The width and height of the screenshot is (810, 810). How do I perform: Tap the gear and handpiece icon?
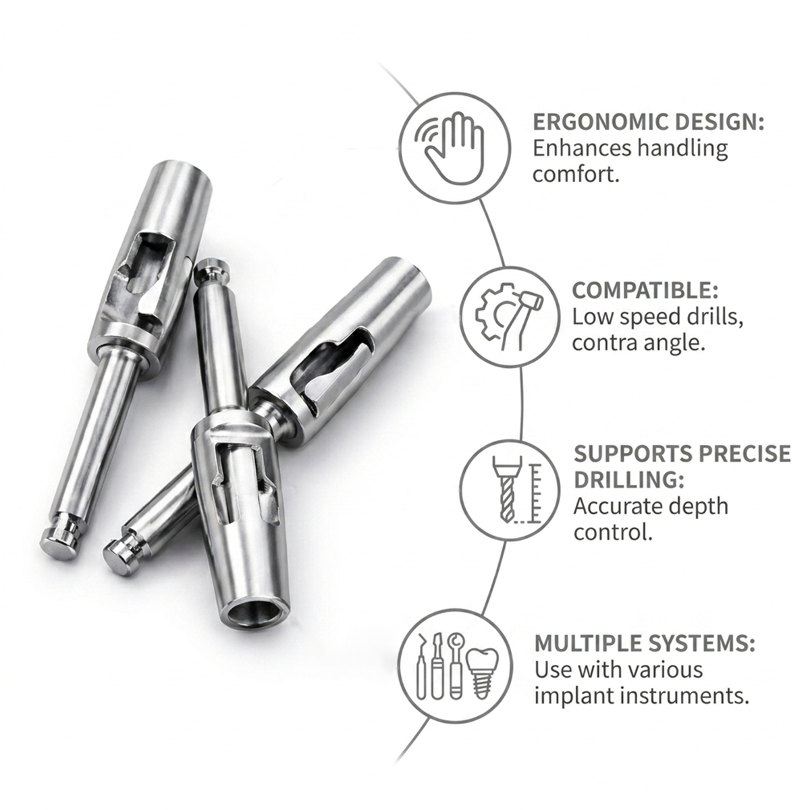click(x=511, y=316)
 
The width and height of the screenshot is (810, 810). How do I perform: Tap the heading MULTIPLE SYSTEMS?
click(x=645, y=643)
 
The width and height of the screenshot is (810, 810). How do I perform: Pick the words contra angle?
click(x=639, y=342)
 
